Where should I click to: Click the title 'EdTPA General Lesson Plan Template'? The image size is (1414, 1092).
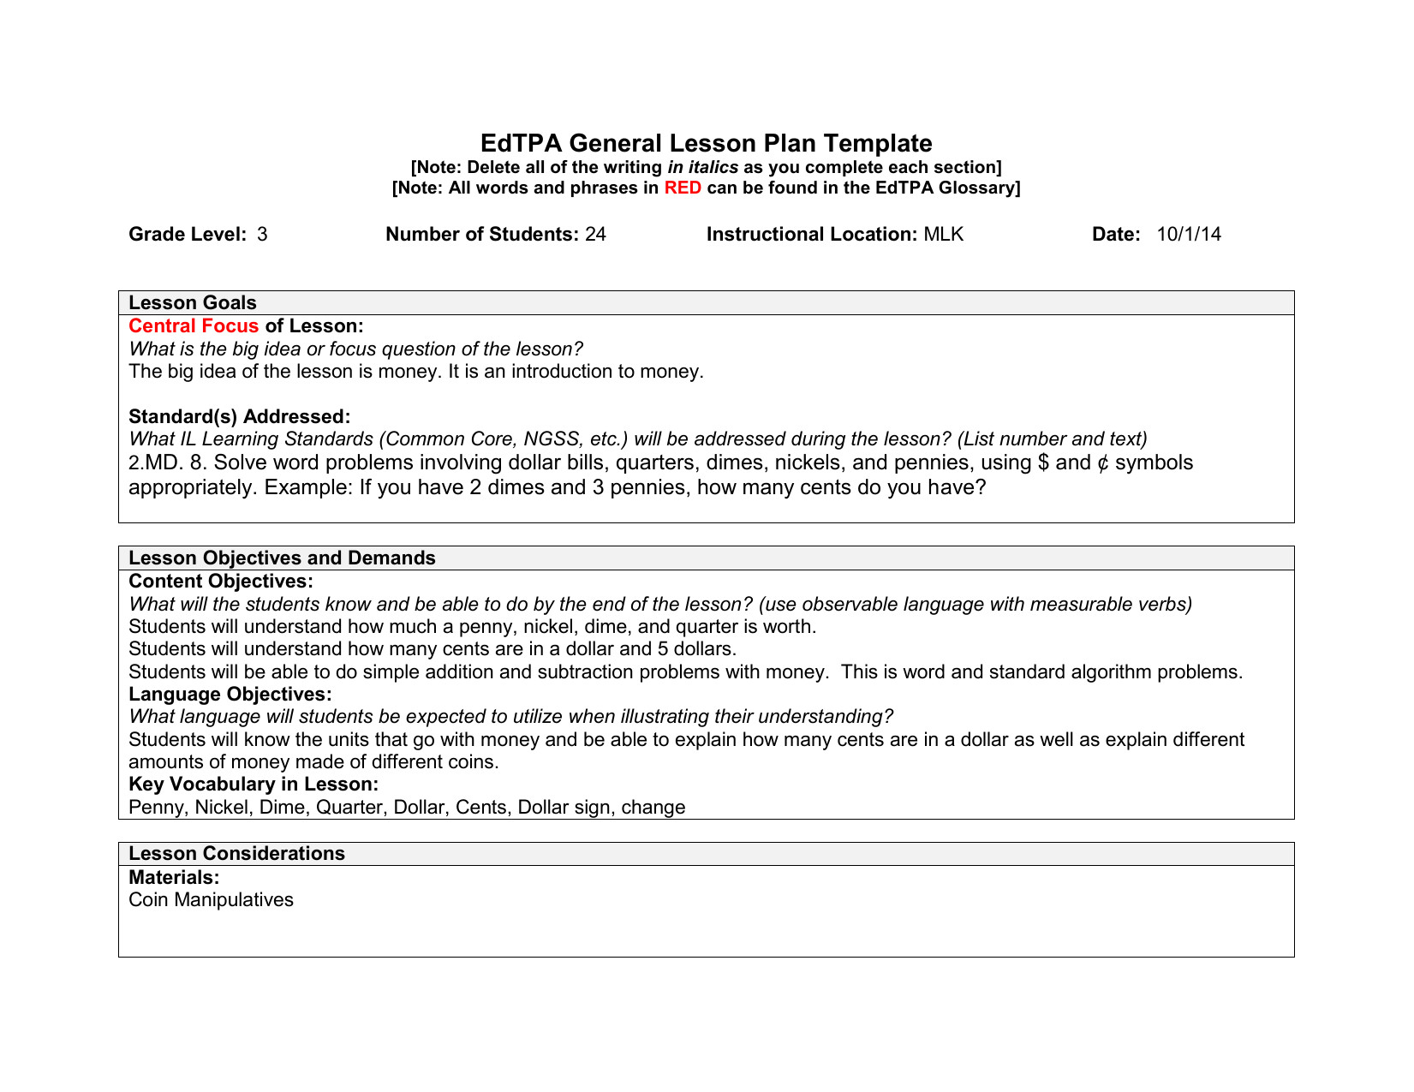click(x=706, y=143)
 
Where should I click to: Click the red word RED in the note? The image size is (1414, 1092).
click(x=683, y=188)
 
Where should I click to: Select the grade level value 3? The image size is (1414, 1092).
click(x=262, y=235)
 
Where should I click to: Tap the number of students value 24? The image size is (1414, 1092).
click(x=595, y=235)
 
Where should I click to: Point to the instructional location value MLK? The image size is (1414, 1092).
click(x=943, y=235)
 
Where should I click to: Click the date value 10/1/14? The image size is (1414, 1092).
click(x=1189, y=235)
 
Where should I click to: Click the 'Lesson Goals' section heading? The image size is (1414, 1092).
click(x=193, y=303)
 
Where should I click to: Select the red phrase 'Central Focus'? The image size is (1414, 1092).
click(x=194, y=326)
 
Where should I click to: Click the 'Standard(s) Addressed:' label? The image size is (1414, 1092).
click(x=239, y=417)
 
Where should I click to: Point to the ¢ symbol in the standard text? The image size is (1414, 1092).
click(x=1103, y=463)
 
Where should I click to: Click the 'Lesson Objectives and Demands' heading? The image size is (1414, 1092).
click(x=282, y=558)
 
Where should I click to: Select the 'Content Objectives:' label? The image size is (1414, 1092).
click(x=221, y=582)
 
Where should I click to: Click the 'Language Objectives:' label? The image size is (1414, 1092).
click(x=230, y=695)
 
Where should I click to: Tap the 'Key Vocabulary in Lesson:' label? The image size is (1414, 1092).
click(x=254, y=785)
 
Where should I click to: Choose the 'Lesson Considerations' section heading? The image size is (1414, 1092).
click(x=236, y=854)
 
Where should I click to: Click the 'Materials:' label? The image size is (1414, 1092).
click(x=174, y=878)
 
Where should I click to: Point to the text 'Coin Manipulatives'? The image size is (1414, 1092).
click(x=211, y=900)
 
